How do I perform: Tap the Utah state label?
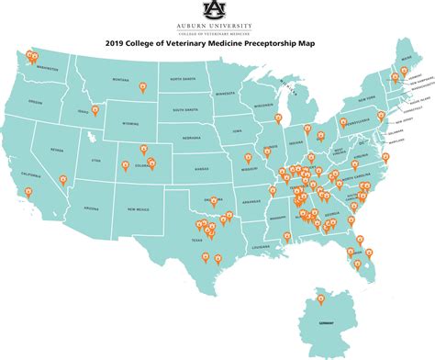pos(95,160)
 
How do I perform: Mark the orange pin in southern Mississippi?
pos(286,236)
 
